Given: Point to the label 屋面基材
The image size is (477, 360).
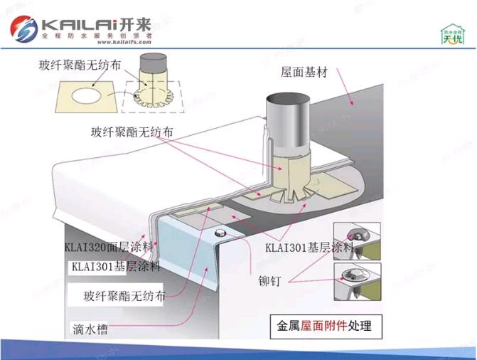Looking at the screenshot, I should (x=304, y=73).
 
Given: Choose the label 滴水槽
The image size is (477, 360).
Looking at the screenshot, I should (x=90, y=329).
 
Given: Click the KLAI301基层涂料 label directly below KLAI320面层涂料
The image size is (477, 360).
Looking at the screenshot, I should (x=115, y=267).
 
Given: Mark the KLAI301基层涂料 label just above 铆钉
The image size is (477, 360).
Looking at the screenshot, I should (x=309, y=248).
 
